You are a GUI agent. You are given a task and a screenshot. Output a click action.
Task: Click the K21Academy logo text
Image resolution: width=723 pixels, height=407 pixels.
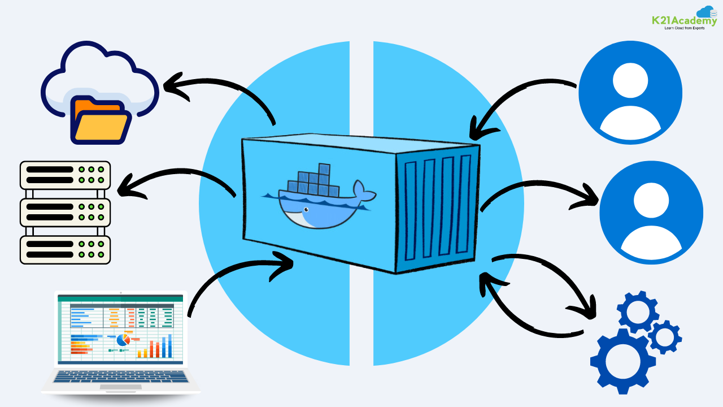[x=683, y=21]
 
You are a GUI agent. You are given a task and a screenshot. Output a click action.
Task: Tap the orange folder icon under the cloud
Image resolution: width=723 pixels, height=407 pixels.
[x=100, y=120]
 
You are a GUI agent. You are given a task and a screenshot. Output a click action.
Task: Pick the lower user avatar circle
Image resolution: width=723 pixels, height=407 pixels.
[x=651, y=212]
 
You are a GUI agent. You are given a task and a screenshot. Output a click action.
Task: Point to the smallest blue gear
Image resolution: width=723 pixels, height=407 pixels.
[x=664, y=337]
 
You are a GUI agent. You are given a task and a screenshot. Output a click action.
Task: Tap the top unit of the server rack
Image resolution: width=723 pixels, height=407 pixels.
[x=65, y=175]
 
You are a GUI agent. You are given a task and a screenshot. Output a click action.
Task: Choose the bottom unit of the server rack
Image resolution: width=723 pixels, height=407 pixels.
[x=65, y=249]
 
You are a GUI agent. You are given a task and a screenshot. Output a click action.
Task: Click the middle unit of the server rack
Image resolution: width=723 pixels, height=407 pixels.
[x=65, y=212]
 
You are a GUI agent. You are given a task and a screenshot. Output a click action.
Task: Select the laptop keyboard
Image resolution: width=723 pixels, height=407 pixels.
[x=121, y=377]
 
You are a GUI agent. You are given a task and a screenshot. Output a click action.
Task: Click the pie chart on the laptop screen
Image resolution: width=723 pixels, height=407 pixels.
[x=123, y=340]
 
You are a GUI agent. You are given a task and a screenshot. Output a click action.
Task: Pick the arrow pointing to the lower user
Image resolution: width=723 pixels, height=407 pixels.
[x=542, y=187]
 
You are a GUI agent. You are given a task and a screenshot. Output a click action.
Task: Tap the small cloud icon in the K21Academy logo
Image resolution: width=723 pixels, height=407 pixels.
[x=706, y=12]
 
